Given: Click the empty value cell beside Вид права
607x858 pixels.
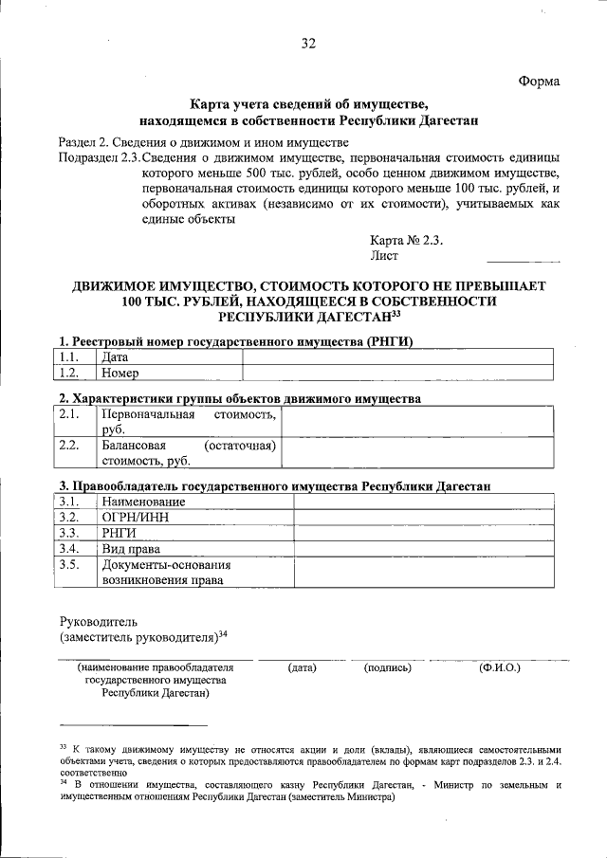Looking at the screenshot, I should [423, 549].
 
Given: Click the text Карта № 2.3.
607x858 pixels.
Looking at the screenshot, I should [407, 240].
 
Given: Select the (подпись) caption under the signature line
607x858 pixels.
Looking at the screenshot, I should [387, 667].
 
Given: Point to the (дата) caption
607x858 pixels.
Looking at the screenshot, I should [302, 667].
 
